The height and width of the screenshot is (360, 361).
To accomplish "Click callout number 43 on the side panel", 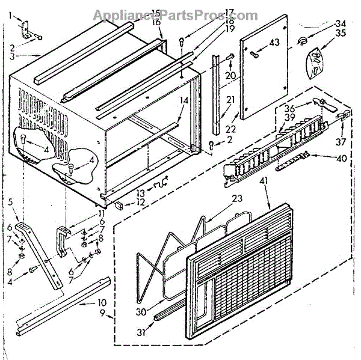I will pyautogui.click(x=274, y=42).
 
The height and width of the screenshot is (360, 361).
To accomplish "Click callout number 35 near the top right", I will pyautogui.click(x=341, y=33).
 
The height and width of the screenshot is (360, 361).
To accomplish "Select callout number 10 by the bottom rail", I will pyautogui.click(x=102, y=304).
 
